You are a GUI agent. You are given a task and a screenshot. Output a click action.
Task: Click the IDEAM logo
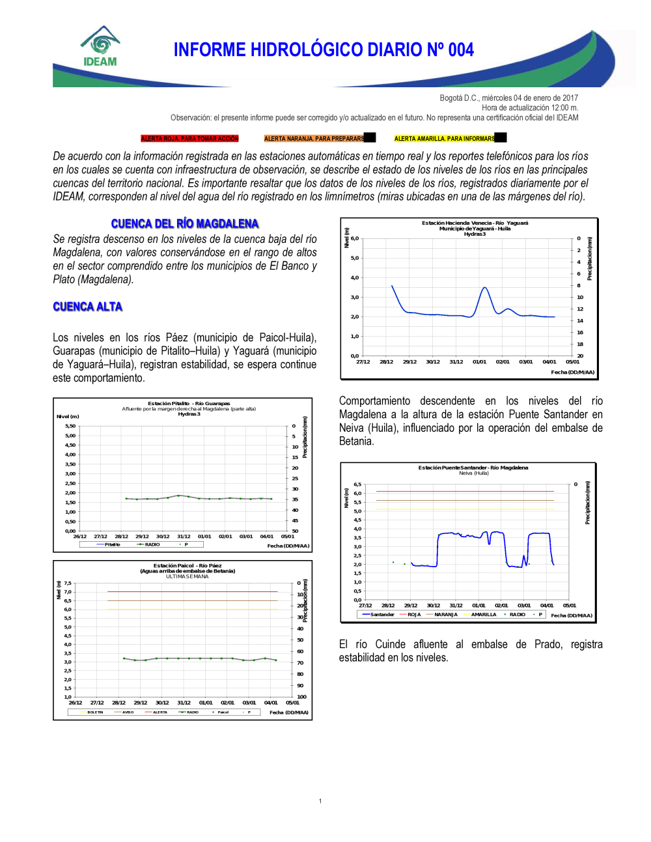tap(100, 47)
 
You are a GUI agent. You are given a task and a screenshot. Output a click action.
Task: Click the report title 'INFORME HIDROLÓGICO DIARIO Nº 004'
tap(324, 50)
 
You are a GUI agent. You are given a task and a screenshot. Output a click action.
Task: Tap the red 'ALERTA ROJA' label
tap(189, 139)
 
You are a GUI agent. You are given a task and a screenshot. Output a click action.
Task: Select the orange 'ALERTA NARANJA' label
tap(314, 139)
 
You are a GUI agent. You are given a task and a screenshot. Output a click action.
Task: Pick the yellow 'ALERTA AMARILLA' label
tap(445, 139)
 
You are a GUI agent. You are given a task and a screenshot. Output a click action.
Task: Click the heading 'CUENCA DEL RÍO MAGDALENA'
tap(185, 224)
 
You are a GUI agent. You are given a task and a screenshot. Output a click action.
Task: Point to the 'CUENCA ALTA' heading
tap(87, 307)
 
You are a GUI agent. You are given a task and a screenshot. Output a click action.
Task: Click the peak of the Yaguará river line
tap(484, 287)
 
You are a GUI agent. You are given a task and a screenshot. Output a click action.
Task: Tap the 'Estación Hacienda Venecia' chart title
tap(475, 223)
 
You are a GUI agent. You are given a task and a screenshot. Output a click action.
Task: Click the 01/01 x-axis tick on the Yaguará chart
tap(479, 362)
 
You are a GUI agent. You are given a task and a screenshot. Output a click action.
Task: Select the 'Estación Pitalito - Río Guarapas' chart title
tap(189, 404)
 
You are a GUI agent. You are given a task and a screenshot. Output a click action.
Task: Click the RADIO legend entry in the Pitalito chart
tap(152, 544)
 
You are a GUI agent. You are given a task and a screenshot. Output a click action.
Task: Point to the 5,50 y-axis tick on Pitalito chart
tap(70, 426)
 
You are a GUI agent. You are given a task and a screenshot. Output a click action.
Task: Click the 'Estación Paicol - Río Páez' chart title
tap(187, 566)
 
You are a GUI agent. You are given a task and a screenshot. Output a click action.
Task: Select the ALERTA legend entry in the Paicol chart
tap(159, 712)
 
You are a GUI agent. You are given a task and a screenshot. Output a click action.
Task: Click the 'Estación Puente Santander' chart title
tap(473, 468)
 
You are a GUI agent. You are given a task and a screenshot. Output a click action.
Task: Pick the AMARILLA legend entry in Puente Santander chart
tap(483, 615)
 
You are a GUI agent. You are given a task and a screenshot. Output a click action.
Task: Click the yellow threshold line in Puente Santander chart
tap(465, 509)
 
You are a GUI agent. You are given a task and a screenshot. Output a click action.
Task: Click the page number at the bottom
tap(320, 801)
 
